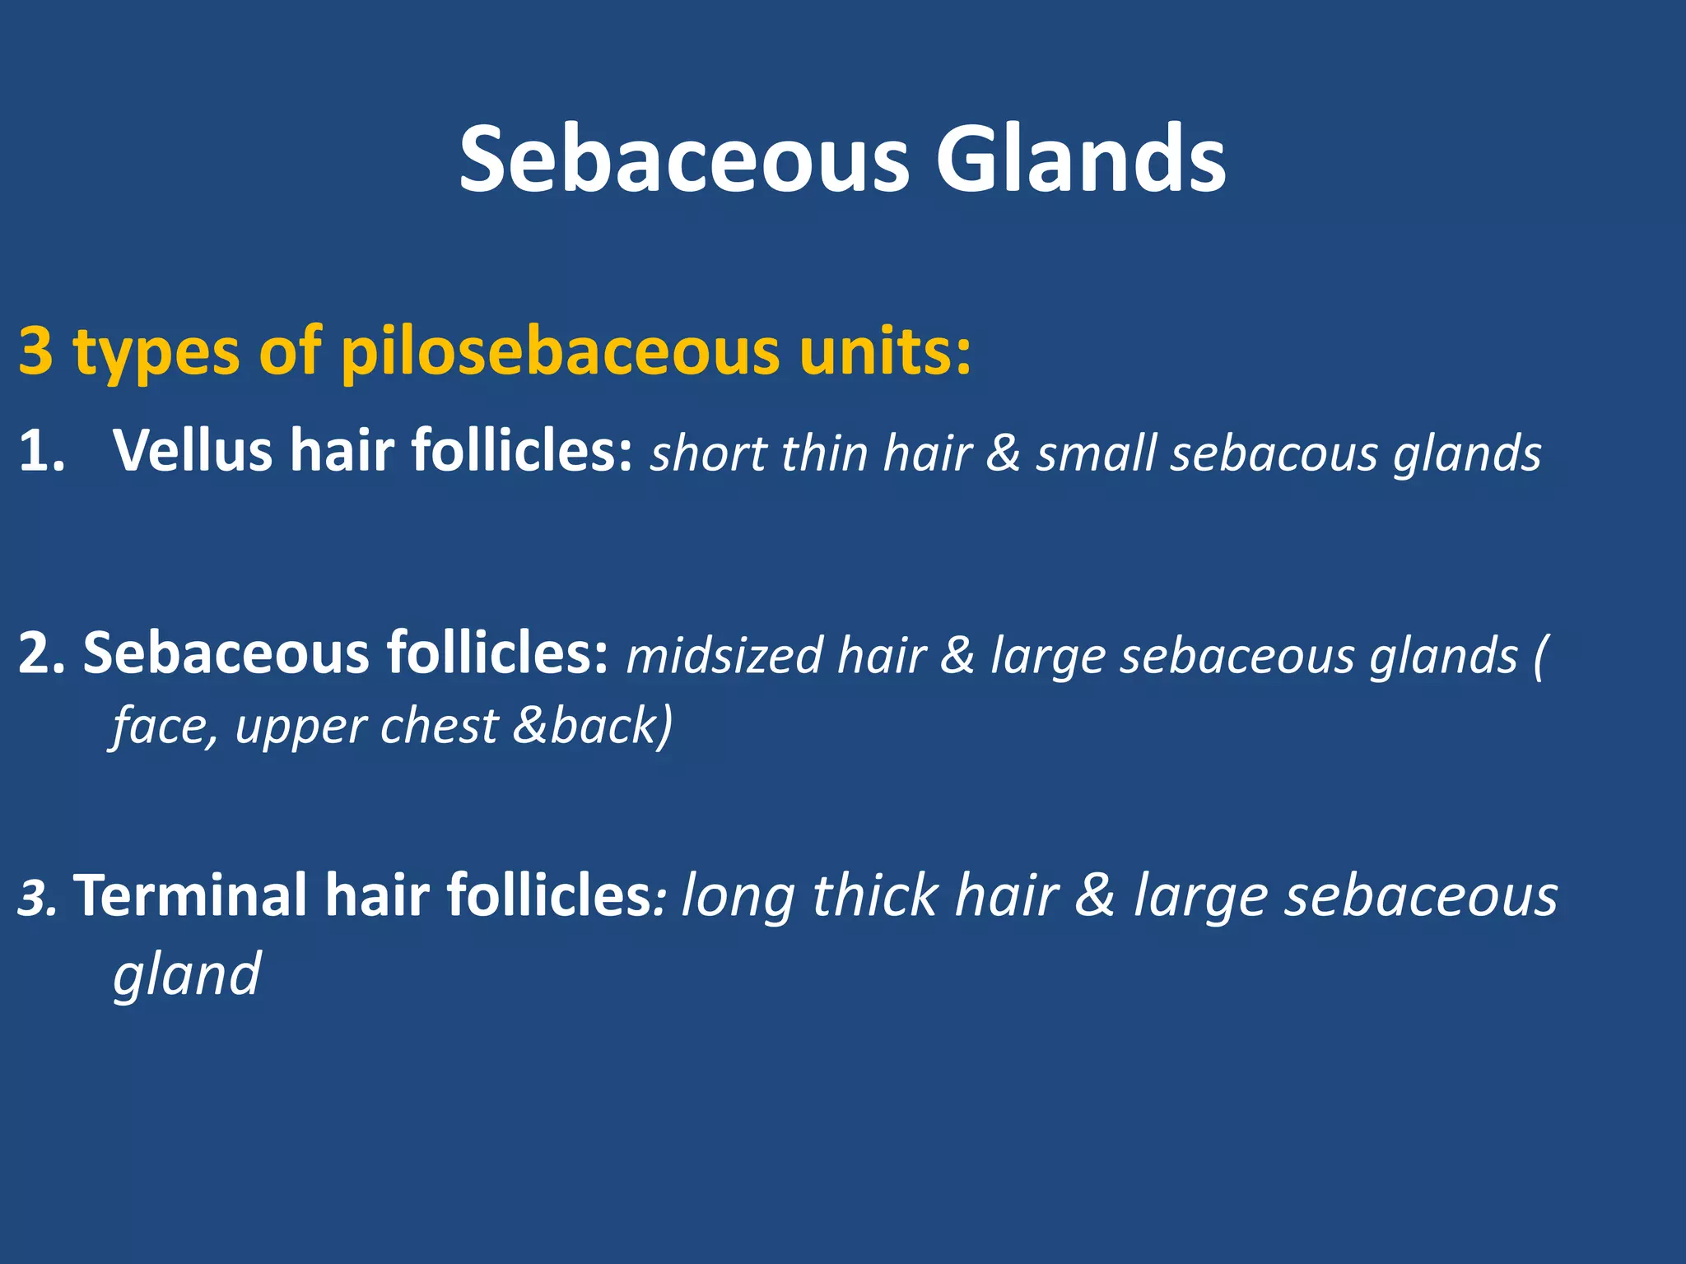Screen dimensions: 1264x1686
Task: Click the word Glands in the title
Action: [1080, 159]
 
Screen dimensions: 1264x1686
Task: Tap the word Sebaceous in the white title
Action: [684, 159]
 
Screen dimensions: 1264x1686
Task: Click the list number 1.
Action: [40, 452]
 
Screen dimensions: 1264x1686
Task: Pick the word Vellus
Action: [193, 452]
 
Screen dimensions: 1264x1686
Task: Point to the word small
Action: [1096, 453]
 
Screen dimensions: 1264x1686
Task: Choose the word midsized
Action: [725, 656]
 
